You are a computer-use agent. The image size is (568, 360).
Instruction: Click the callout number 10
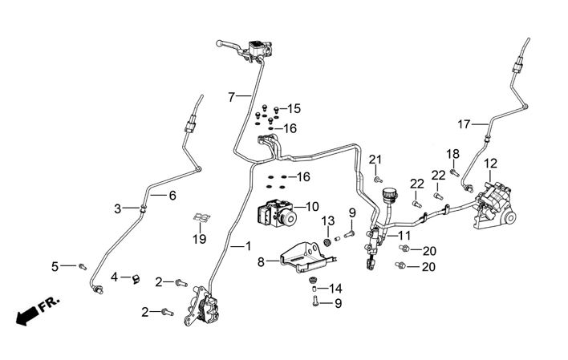(312, 206)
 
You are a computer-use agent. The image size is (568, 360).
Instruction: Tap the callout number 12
(490, 164)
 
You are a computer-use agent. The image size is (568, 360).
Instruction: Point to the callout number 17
(464, 124)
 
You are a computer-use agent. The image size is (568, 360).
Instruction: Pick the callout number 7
(231, 97)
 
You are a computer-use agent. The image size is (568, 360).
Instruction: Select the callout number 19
(200, 238)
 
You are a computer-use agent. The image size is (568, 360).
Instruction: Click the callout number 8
(261, 261)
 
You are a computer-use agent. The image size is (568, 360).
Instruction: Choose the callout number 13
(327, 220)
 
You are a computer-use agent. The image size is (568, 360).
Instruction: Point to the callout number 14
(335, 288)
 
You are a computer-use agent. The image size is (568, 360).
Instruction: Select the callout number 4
(115, 277)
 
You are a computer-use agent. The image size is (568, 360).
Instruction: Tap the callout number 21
(375, 160)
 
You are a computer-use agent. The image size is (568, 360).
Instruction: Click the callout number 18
(453, 153)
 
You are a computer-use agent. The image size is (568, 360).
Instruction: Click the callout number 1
(248, 248)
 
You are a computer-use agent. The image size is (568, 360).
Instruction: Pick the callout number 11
(404, 236)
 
